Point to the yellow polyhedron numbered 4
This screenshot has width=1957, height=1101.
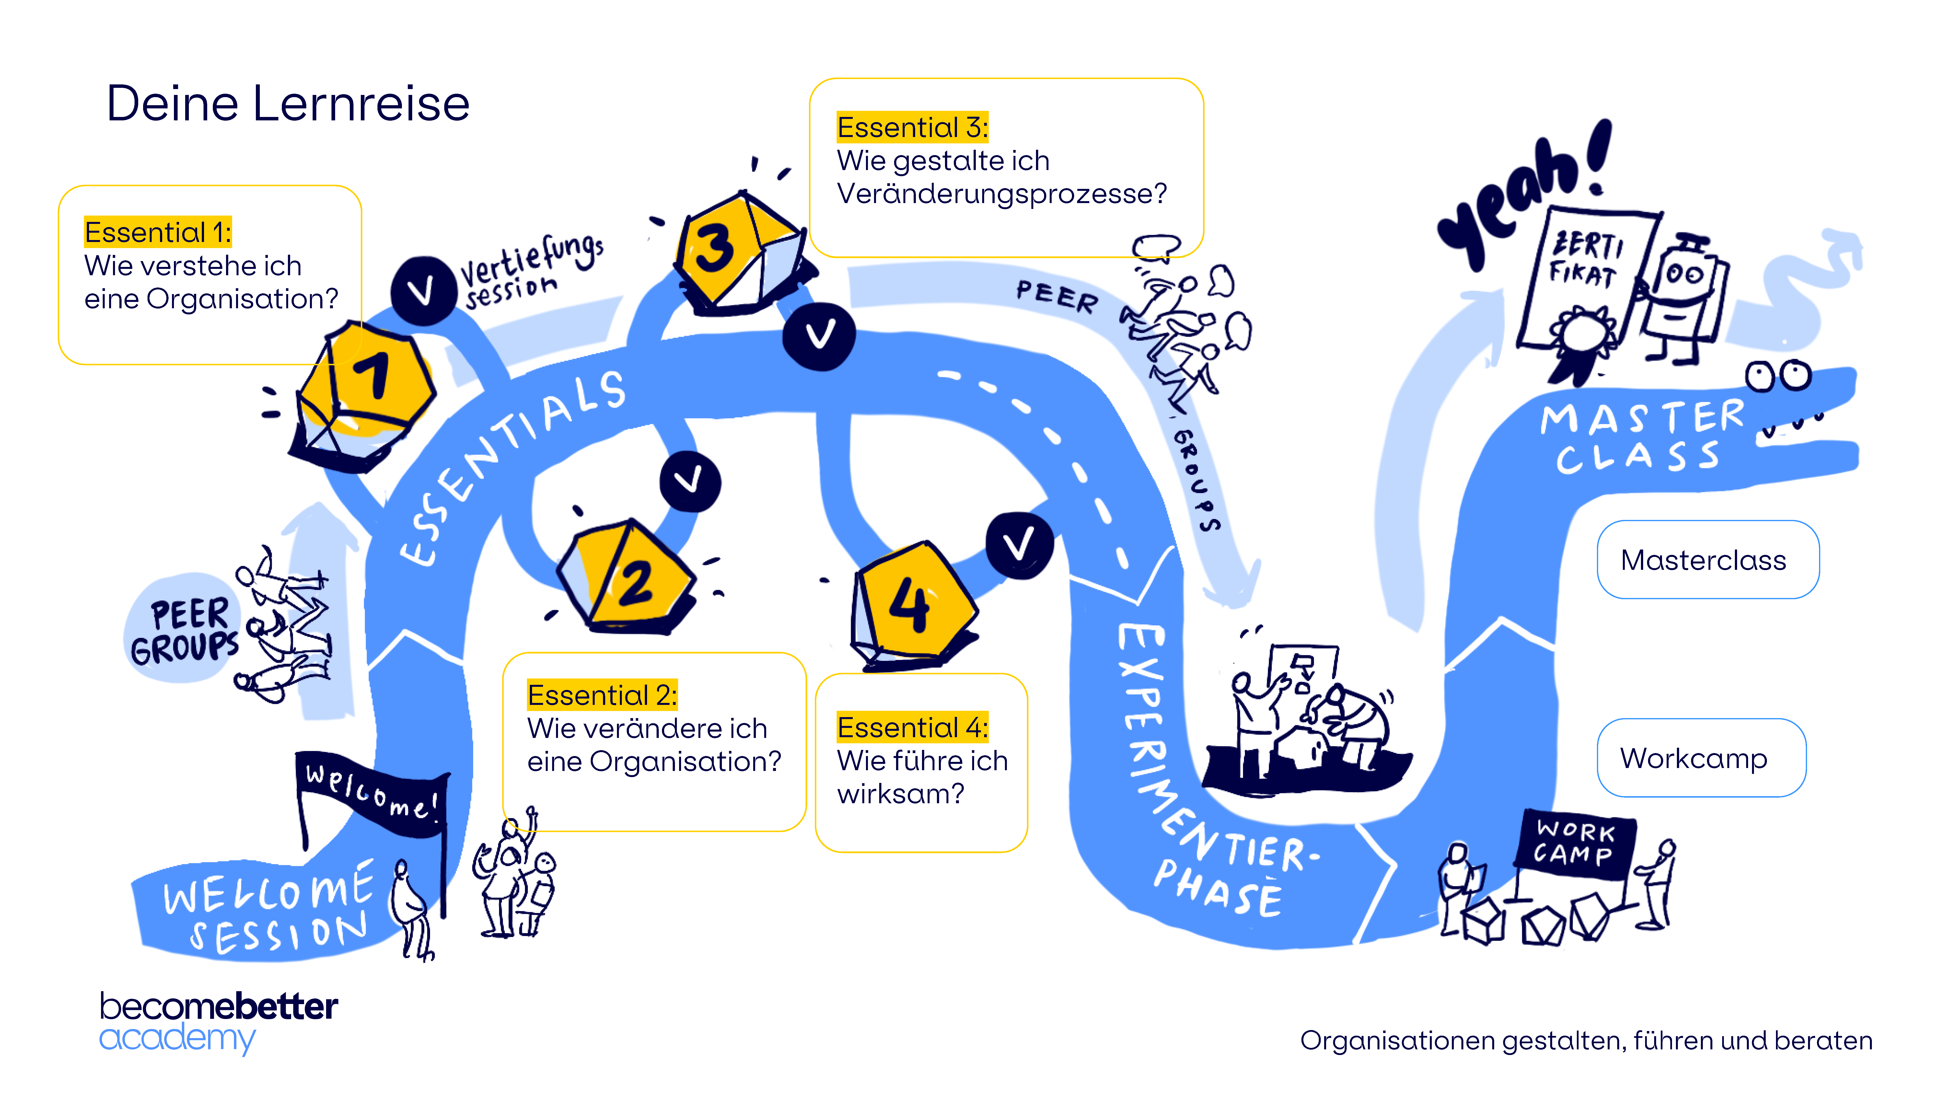point(912,604)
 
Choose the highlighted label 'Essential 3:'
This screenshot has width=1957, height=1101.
point(912,128)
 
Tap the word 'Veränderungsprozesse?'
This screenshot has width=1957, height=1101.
point(1001,194)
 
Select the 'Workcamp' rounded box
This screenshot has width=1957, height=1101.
point(1700,758)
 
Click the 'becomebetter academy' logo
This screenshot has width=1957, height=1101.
point(218,1021)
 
